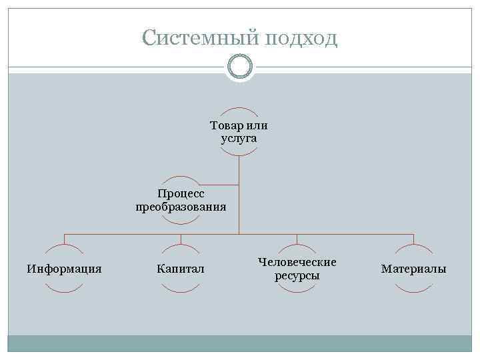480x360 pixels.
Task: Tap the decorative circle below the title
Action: [240, 67]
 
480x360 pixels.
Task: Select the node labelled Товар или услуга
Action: [239, 132]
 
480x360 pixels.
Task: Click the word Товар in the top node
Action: [225, 125]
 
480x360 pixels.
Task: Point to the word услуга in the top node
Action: [239, 139]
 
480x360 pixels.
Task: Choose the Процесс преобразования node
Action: [181, 200]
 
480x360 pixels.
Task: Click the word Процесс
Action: [181, 193]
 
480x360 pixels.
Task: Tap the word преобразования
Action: [181, 207]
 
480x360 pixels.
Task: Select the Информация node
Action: [64, 269]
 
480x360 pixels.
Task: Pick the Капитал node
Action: [181, 269]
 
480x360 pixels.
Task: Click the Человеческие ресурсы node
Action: [297, 269]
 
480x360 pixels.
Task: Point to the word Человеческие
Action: [297, 262]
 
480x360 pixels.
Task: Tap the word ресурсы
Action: [297, 275]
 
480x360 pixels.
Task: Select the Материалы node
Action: [413, 269]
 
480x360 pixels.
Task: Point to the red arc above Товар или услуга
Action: [239, 109]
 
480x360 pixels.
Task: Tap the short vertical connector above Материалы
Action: [413, 239]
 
